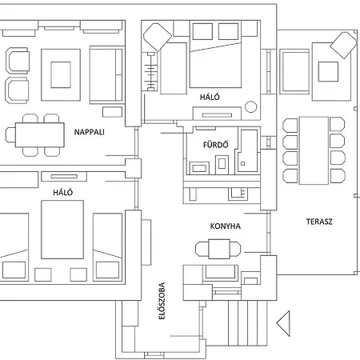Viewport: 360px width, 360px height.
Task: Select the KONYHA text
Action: [x=226, y=226]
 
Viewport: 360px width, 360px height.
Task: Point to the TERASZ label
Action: [x=318, y=222]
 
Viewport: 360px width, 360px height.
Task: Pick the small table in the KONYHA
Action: [x=218, y=249]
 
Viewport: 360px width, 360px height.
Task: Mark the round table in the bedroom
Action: [x=252, y=106]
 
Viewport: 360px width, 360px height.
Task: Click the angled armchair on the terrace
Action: [x=344, y=45]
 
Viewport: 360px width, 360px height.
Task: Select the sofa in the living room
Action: [x=106, y=74]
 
